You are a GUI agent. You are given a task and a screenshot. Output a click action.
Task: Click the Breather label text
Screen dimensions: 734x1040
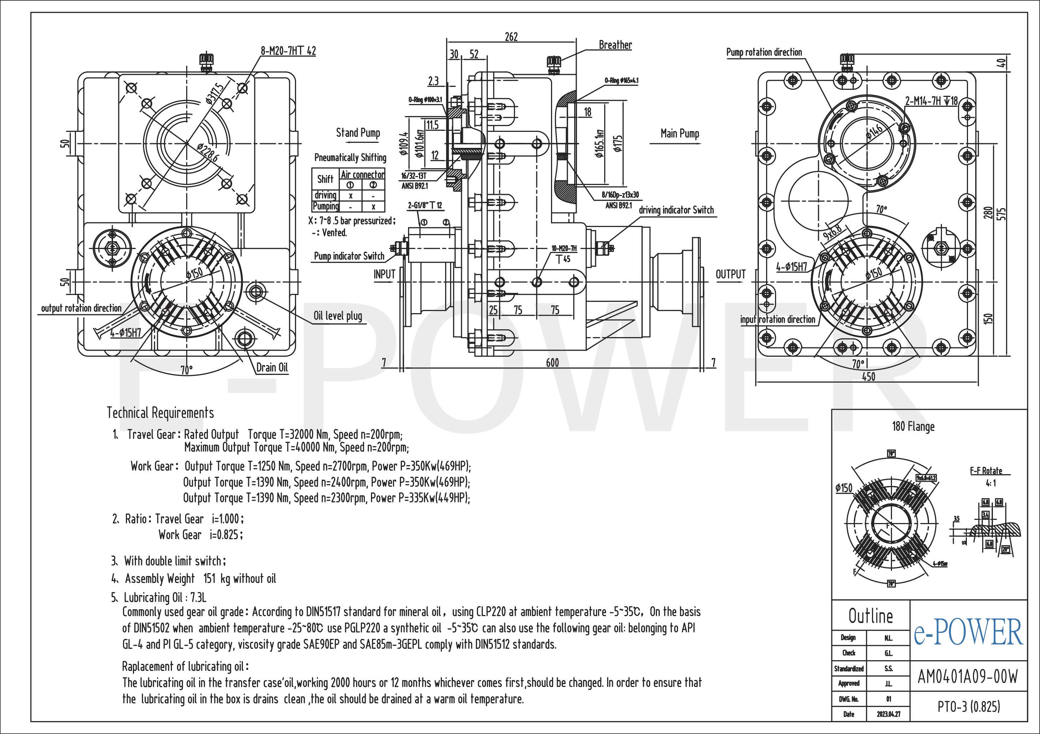click(x=615, y=45)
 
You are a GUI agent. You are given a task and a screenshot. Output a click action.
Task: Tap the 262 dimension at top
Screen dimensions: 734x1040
click(x=511, y=37)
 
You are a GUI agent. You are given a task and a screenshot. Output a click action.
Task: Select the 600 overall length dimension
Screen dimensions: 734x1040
click(x=552, y=362)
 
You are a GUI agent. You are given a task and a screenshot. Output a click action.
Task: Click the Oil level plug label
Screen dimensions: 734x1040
click(x=338, y=315)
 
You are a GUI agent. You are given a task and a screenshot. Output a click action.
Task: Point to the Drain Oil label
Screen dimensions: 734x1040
click(x=272, y=367)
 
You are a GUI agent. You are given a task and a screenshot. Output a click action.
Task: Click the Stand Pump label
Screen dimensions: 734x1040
click(x=358, y=133)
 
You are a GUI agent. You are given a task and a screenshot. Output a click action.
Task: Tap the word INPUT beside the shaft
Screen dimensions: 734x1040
click(x=384, y=274)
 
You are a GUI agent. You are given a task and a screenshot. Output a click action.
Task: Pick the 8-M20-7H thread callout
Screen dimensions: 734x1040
click(x=288, y=51)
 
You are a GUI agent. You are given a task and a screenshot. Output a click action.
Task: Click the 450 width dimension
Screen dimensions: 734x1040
click(x=868, y=377)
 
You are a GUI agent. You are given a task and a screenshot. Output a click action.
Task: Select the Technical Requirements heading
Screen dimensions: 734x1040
click(x=160, y=413)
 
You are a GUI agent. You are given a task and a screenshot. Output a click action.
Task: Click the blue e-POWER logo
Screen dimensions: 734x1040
click(x=968, y=632)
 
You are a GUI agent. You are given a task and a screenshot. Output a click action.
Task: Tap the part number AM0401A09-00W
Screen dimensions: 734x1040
click(x=968, y=677)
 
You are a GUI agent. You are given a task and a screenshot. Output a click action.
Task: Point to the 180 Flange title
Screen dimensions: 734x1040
click(x=913, y=426)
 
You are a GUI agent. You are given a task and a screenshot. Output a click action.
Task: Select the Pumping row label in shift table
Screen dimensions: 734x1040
click(x=326, y=206)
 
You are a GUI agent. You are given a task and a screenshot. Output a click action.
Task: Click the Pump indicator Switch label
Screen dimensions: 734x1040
click(x=349, y=256)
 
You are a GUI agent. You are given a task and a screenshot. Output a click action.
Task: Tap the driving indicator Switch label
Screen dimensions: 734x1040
click(x=676, y=210)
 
